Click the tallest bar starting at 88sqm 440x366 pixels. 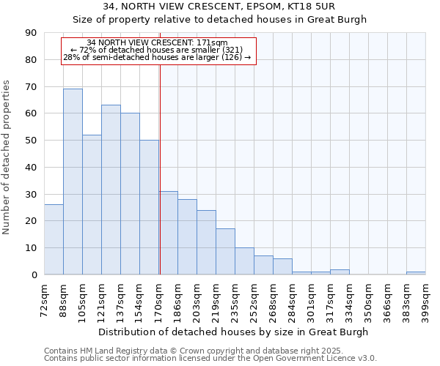73,182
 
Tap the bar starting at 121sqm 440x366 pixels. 111,190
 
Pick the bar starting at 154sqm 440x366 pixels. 149,207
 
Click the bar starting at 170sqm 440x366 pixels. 168,233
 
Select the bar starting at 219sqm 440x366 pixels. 225,252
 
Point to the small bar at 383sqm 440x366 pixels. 416,273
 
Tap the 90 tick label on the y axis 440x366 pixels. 31,33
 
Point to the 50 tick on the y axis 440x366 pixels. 31,141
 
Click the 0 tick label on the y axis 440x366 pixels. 34,274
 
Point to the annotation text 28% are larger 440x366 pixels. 157,57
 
